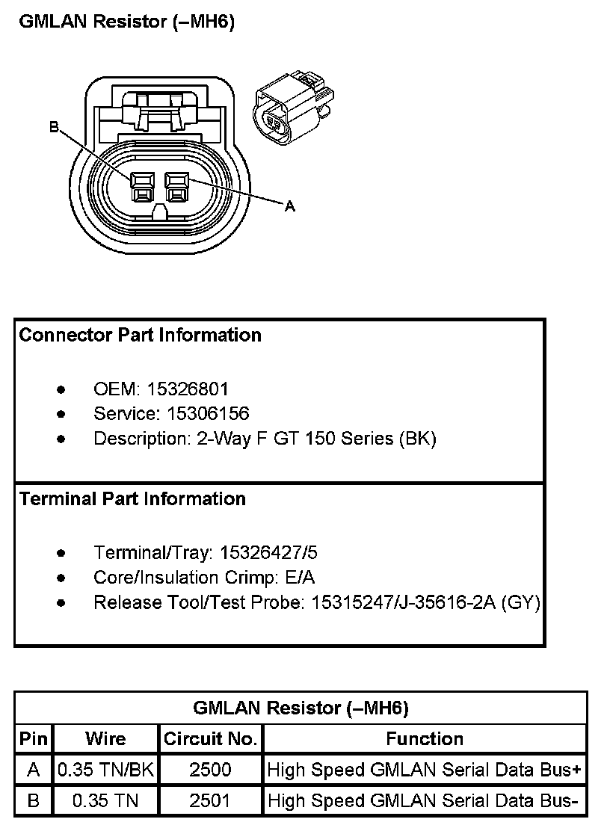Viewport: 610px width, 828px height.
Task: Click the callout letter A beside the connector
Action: tap(290, 206)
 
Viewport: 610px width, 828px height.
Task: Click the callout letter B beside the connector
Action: tap(54, 128)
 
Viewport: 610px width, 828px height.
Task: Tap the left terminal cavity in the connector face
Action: tap(141, 187)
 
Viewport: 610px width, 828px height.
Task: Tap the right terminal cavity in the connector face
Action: tap(176, 187)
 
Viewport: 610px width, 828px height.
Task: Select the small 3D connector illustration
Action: tap(293, 108)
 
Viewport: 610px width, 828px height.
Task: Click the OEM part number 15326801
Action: tap(188, 389)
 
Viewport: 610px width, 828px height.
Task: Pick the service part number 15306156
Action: tap(208, 413)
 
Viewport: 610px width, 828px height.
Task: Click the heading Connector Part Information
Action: tap(140, 335)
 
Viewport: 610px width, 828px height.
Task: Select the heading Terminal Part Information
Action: tap(132, 498)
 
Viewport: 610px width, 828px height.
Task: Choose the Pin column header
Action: tap(34, 739)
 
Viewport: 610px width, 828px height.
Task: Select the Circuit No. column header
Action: tap(210, 739)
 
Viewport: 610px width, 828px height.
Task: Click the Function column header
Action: tap(425, 739)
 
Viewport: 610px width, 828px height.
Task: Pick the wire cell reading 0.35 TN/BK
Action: tap(105, 770)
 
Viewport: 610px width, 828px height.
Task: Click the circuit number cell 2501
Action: tap(210, 801)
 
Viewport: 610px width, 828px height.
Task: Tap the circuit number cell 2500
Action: tap(210, 770)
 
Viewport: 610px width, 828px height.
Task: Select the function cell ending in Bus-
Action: tap(423, 801)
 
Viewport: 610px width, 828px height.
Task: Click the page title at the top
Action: tap(126, 22)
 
